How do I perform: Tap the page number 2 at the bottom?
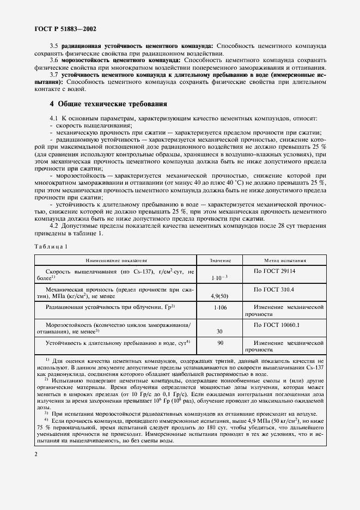tap(35, 454)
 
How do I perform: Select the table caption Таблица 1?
tap(51, 246)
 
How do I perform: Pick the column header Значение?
tap(221, 260)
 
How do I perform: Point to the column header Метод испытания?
tap(285, 260)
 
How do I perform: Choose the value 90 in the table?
tap(220, 343)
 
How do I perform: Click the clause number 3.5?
tap(54, 47)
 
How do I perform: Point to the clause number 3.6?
tap(54, 59)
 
